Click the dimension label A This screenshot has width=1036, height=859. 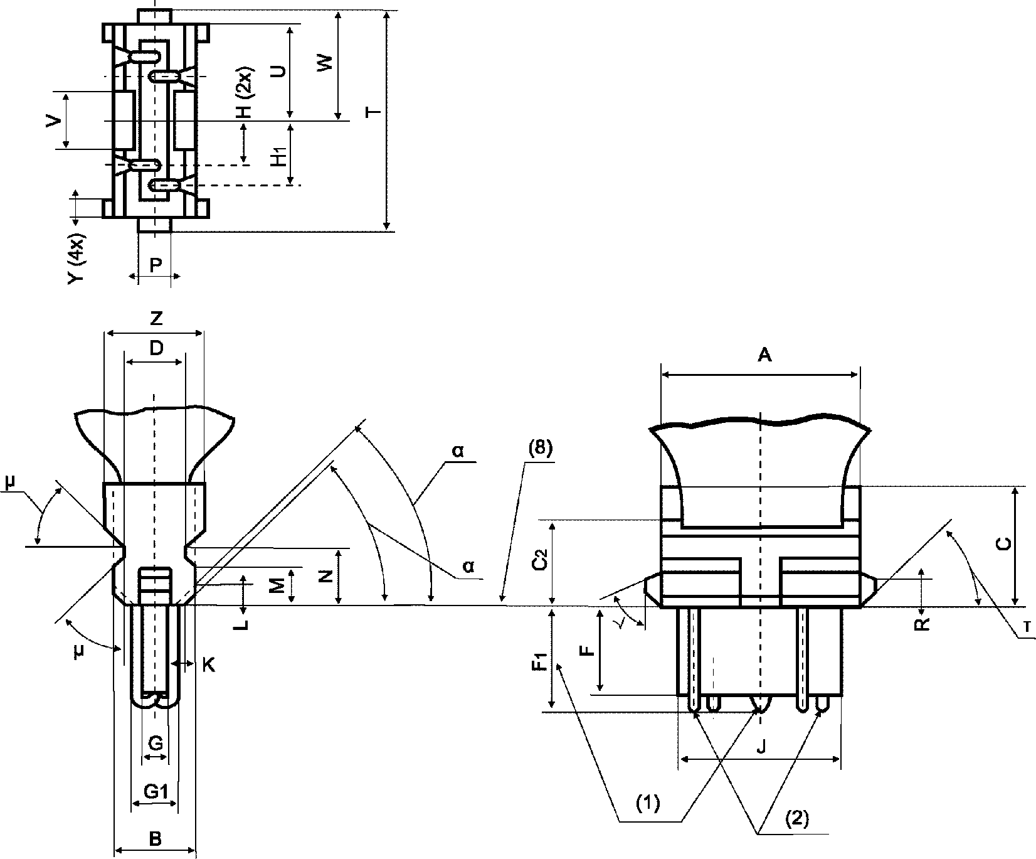(x=764, y=356)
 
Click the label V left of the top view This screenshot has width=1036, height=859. (x=56, y=120)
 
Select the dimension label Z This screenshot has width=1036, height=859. (x=156, y=319)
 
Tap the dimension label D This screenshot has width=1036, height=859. (x=156, y=348)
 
